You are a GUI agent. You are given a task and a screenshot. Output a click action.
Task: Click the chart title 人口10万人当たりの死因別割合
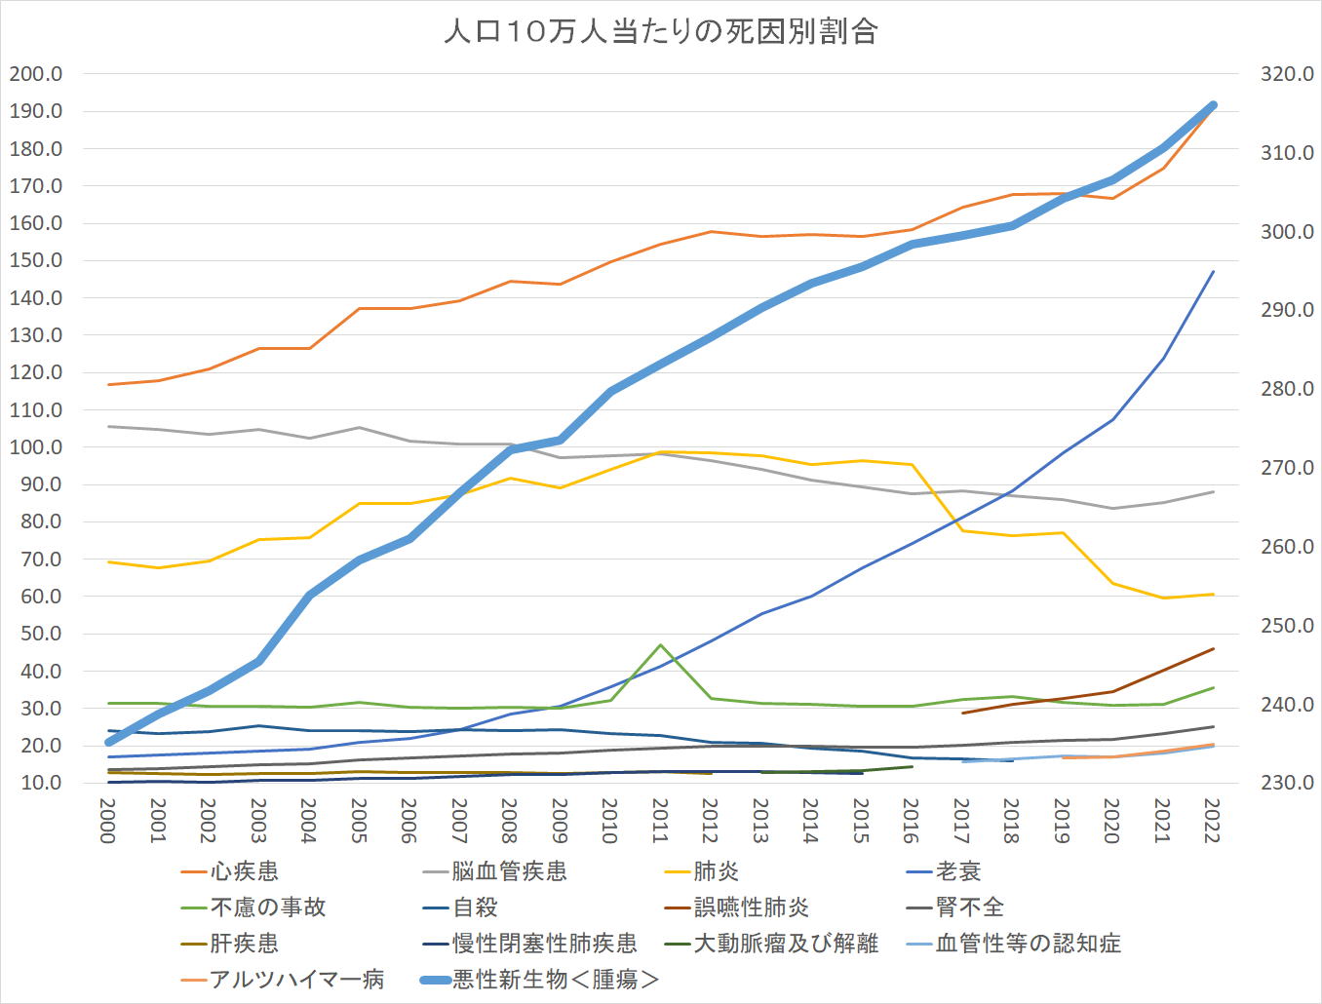661,32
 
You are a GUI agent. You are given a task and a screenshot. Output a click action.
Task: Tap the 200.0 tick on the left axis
36,74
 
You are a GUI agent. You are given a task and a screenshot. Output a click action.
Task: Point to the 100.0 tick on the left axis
36,447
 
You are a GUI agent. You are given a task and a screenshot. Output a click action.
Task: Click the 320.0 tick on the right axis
1287,74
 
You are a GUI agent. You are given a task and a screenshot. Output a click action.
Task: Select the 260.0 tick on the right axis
1287,547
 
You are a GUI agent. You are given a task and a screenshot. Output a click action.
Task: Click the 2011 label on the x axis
660,820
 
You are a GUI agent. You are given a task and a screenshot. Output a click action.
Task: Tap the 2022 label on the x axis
1213,820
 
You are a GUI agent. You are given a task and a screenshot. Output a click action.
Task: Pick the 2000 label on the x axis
108,820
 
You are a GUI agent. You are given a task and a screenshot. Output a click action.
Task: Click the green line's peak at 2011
660,644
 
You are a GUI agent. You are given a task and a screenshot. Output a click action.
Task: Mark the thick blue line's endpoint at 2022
1213,105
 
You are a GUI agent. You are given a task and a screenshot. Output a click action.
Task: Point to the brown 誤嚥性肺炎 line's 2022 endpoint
1213,649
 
